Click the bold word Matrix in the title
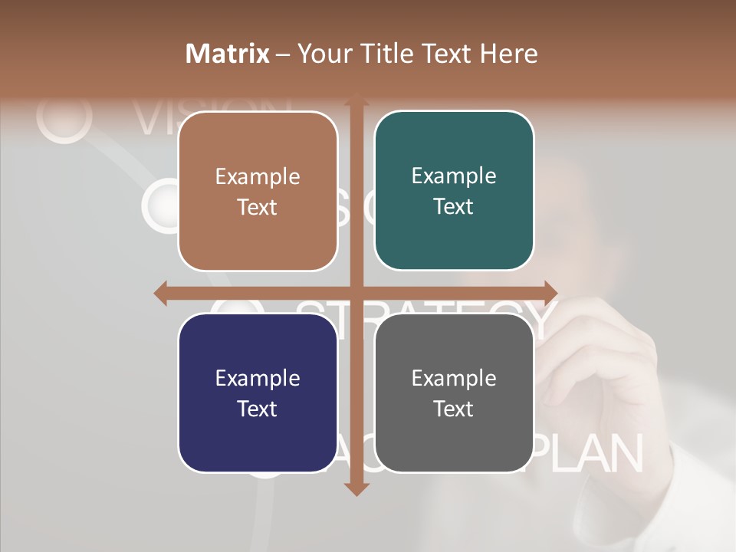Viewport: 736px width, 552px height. point(228,54)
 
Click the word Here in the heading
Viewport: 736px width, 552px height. point(509,54)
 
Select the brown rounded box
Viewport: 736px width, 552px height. point(258,191)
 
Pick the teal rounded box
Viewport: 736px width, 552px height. point(454,190)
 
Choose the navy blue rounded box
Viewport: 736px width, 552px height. point(258,393)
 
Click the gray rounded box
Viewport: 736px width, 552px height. point(454,393)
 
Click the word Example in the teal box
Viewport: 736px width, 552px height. point(454,176)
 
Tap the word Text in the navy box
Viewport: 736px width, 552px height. point(257,409)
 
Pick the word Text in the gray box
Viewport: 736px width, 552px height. point(453,409)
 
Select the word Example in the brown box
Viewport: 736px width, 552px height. point(258,176)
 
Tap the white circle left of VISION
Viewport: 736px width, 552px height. point(64,117)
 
